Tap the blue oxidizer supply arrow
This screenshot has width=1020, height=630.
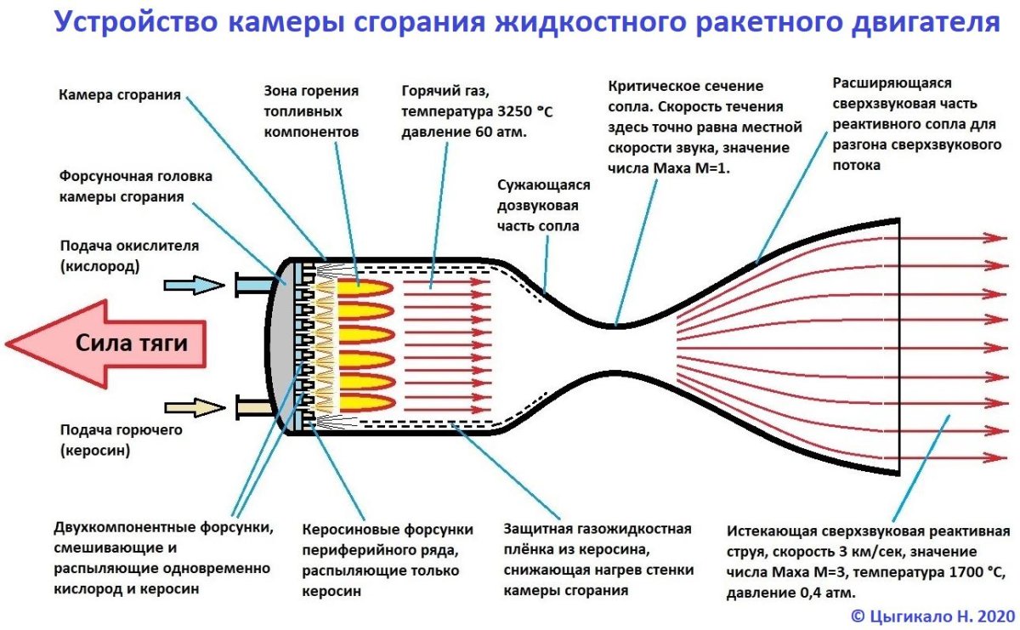pyautogui.click(x=192, y=285)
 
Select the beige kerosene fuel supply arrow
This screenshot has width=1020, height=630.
pyautogui.click(x=192, y=408)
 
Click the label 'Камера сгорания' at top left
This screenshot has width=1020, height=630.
pyautogui.click(x=119, y=94)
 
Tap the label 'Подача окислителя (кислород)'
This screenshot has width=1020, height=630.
pyautogui.click(x=129, y=255)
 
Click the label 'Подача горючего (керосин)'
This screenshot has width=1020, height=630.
pyautogui.click(x=121, y=440)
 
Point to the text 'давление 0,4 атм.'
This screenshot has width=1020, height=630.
pyautogui.click(x=791, y=592)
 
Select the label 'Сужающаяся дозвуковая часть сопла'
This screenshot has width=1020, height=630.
pyautogui.click(x=539, y=206)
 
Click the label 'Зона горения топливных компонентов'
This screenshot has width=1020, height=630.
pyautogui.click(x=312, y=111)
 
